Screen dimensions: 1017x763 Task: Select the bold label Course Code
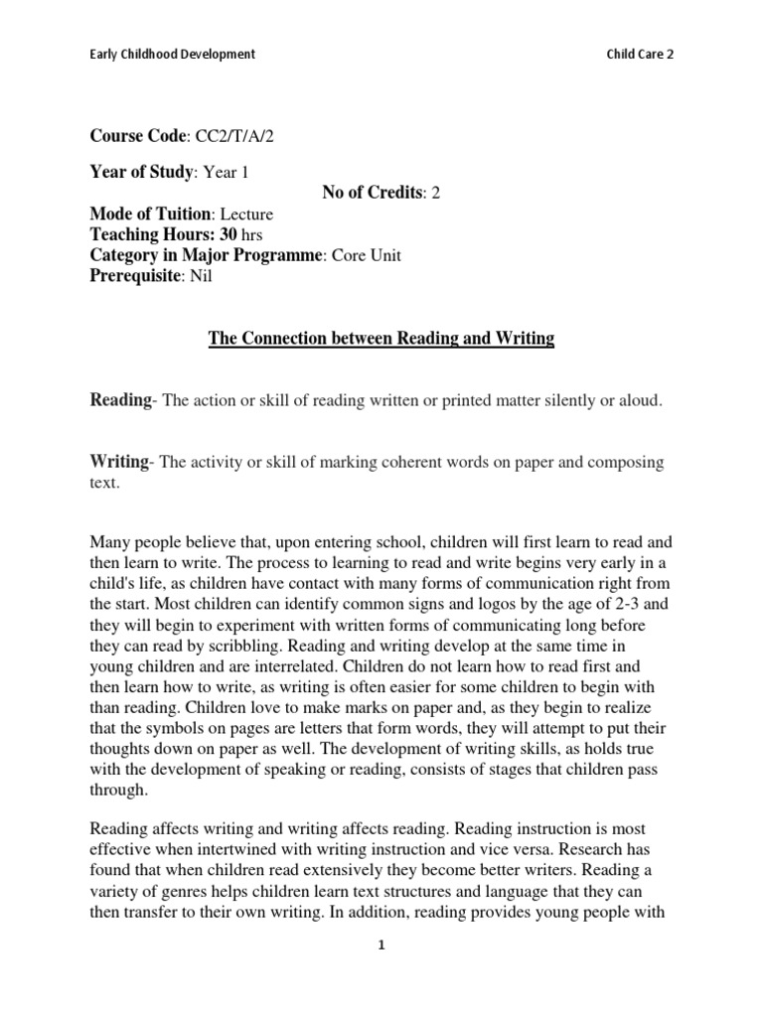(138, 136)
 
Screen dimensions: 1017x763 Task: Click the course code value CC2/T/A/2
(232, 136)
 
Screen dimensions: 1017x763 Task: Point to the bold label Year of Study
(141, 172)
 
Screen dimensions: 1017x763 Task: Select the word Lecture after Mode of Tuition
(246, 214)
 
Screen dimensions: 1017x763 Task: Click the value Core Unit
(369, 255)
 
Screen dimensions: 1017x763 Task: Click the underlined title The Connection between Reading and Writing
(381, 339)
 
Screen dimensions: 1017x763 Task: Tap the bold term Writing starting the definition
(119, 463)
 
